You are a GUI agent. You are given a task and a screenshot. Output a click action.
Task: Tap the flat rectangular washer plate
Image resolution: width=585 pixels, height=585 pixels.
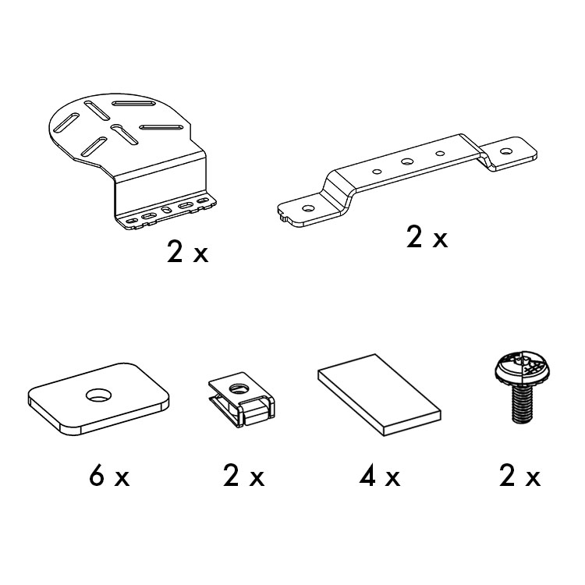click(x=98, y=399)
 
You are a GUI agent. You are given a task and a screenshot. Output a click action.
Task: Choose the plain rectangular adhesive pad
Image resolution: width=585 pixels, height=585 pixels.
click(x=379, y=395)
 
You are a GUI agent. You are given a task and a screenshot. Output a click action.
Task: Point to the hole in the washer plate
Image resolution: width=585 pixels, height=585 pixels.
click(x=99, y=395)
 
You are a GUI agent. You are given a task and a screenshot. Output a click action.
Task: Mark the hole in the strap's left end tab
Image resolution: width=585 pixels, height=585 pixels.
click(x=308, y=207)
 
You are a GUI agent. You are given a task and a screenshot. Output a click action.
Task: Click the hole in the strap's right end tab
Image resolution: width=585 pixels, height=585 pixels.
click(x=505, y=151)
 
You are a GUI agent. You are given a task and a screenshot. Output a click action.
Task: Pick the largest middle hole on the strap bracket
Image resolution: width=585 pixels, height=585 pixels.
click(x=406, y=162)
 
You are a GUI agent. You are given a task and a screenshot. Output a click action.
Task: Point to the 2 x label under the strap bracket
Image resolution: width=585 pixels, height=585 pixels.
click(x=427, y=238)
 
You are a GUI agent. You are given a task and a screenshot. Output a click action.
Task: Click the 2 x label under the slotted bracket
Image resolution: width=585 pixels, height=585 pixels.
click(x=187, y=253)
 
